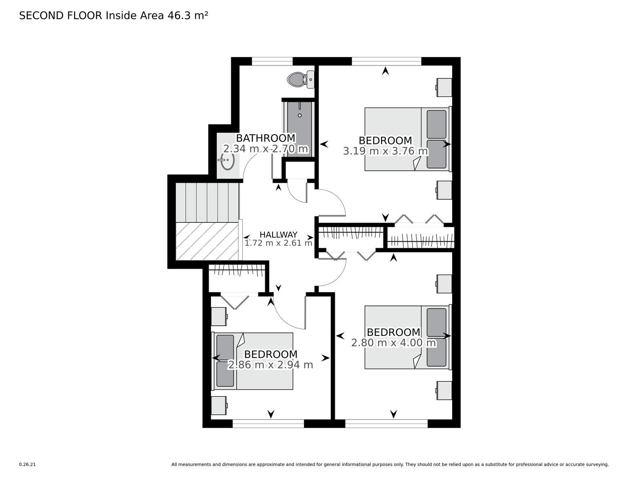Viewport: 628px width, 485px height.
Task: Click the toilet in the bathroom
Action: [300, 79]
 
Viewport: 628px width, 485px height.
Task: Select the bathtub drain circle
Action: [300, 115]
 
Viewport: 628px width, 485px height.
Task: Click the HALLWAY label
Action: [278, 234]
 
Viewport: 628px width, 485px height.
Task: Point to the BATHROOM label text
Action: [266, 138]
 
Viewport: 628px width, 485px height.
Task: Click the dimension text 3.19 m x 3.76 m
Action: [385, 151]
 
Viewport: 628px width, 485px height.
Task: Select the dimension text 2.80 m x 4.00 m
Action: [393, 343]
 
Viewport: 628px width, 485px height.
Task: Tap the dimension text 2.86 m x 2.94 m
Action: [271, 365]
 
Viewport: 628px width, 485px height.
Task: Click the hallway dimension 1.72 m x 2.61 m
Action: [278, 243]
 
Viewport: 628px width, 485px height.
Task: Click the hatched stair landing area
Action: [207, 241]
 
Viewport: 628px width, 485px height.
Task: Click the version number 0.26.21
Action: [27, 464]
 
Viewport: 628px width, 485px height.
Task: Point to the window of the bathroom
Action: [272, 61]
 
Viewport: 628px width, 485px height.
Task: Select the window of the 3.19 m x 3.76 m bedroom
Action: [387, 61]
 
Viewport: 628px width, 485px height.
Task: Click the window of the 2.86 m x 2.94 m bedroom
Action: [268, 424]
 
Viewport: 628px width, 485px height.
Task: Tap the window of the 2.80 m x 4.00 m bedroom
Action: [387, 424]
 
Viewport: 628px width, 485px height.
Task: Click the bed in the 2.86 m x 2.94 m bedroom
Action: [252, 361]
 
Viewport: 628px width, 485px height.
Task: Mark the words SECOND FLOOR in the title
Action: [61, 16]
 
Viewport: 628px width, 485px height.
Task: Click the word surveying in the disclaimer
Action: [596, 465]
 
